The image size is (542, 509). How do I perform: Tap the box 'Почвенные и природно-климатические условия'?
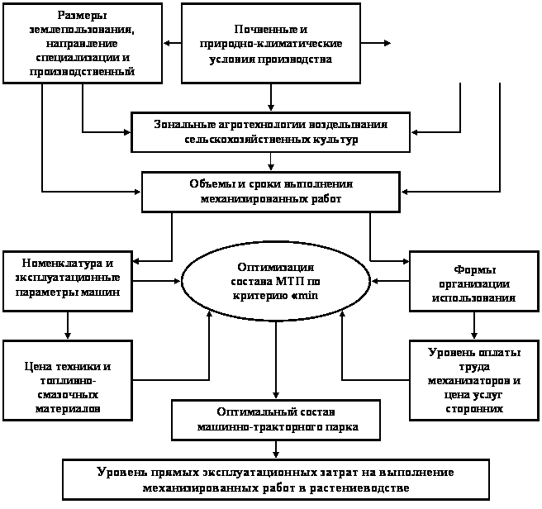pos(270,43)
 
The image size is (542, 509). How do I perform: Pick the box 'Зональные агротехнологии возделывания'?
pos(270,132)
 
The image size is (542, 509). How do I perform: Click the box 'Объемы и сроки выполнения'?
pos(270,192)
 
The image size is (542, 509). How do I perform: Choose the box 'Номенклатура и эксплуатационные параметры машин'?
pos(66,280)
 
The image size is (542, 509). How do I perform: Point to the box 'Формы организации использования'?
pos(474,282)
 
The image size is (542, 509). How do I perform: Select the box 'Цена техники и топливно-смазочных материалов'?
pos(66,387)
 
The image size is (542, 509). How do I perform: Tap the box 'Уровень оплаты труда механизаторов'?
pos(474,381)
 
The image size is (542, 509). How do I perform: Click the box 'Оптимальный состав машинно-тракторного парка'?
pos(276,420)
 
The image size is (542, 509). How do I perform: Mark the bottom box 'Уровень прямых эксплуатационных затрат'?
pos(275,479)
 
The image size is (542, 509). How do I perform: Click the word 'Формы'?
pos(474,269)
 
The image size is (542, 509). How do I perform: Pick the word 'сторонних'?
pos(474,409)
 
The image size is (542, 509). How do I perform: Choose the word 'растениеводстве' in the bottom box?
pos(367,488)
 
